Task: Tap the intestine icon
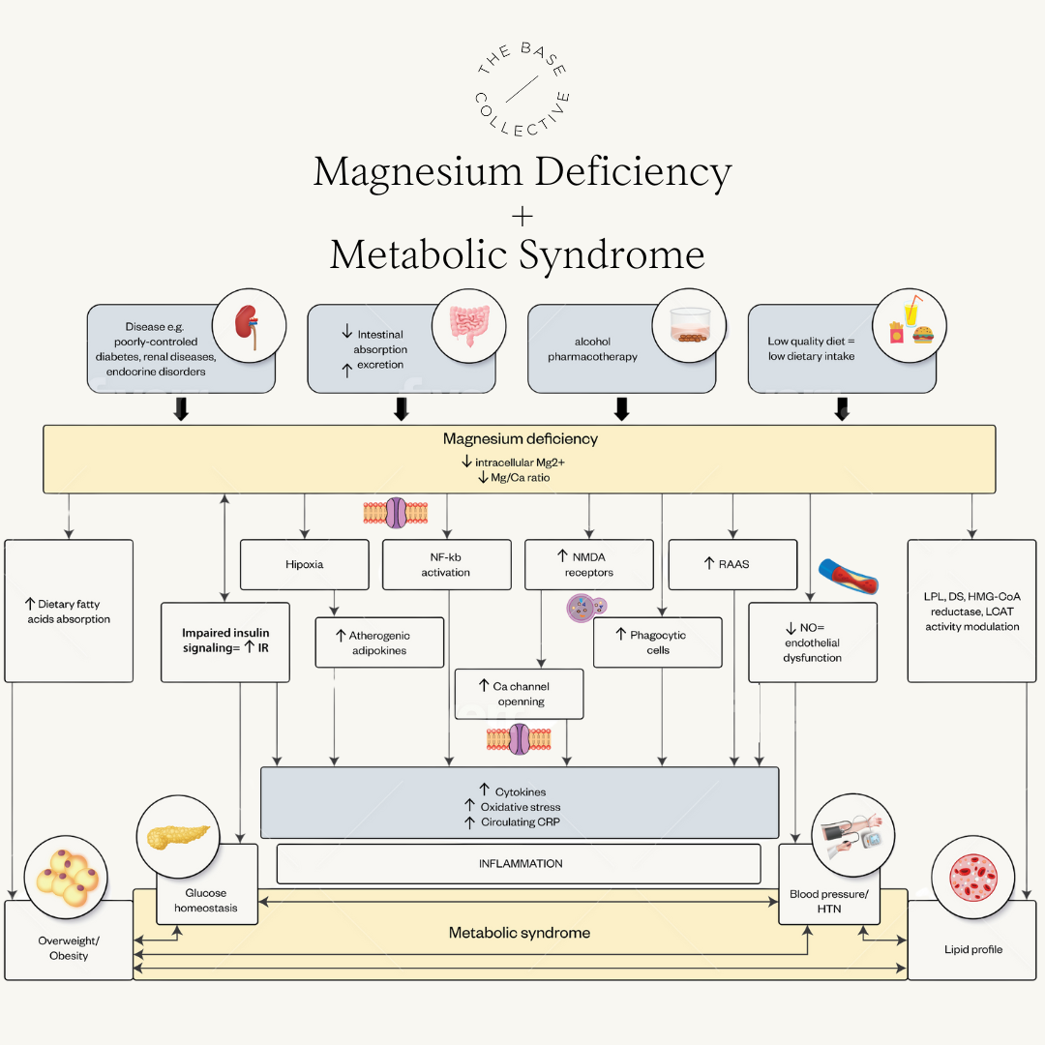pyautogui.click(x=468, y=327)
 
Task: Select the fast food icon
pyautogui.click(x=909, y=325)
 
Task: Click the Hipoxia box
pyautogui.click(x=304, y=564)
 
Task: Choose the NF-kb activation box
pyautogui.click(x=446, y=564)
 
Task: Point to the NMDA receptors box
pyautogui.click(x=588, y=564)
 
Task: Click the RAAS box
pyautogui.click(x=732, y=564)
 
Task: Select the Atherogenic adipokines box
pyautogui.click(x=379, y=642)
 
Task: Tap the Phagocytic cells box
pyautogui.click(x=657, y=642)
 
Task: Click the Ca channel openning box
pyautogui.click(x=519, y=694)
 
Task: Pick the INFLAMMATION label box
pyautogui.click(x=520, y=863)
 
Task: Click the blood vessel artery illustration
pyautogui.click(x=847, y=579)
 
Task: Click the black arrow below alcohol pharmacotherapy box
pyautogui.click(x=621, y=409)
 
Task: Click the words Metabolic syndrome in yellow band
pyautogui.click(x=520, y=933)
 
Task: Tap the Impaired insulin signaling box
pyautogui.click(x=224, y=641)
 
